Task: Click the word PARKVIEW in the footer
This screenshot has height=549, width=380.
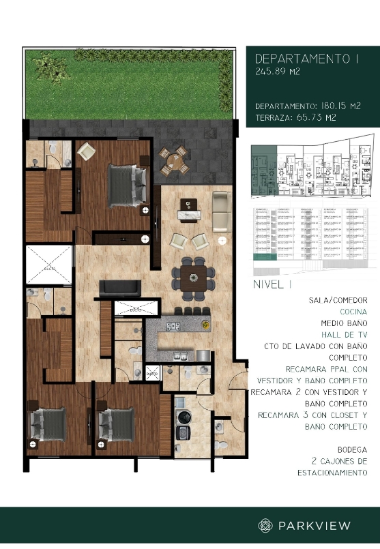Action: (315, 525)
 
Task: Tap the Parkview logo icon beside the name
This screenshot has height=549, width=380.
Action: (266, 525)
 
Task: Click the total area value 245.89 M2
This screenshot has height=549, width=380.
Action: (276, 71)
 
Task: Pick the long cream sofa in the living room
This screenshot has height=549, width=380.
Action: (221, 211)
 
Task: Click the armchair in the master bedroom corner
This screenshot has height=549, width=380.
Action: (87, 151)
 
